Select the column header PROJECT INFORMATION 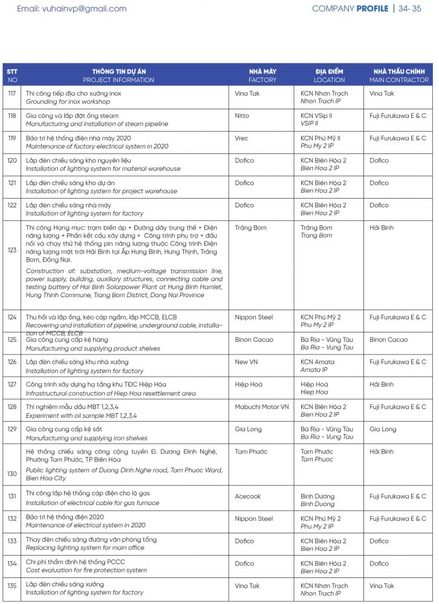pyautogui.click(x=119, y=80)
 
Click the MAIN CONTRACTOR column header pyautogui.click(x=398, y=80)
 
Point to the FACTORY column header pyautogui.click(x=262, y=80)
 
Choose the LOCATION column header pyautogui.click(x=329, y=80)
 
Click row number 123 pyautogui.click(x=12, y=250)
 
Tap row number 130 pyautogui.click(x=12, y=474)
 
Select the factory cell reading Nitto pyautogui.click(x=242, y=116)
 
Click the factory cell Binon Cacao pyautogui.click(x=253, y=340)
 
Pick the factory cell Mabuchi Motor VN pyautogui.click(x=262, y=407)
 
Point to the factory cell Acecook pyautogui.click(x=248, y=496)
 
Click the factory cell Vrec pyautogui.click(x=241, y=138)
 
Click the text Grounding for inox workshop pyautogui.click(x=73, y=101)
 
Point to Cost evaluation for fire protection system pyautogui.click(x=86, y=571)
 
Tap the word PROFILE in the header pyautogui.click(x=372, y=9)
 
